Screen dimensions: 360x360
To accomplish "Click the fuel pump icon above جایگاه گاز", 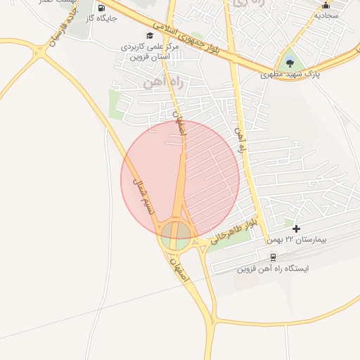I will point(101,8).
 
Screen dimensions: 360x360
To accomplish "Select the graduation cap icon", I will point(149,35).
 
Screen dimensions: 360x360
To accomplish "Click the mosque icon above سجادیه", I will point(326,5).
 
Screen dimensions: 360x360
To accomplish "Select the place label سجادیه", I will point(326,15).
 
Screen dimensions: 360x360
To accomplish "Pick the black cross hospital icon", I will point(297,229).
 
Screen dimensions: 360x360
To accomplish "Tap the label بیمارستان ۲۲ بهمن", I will point(297,240).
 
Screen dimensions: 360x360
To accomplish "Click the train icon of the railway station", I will point(273,257).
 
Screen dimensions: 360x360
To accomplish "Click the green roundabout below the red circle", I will point(176,234).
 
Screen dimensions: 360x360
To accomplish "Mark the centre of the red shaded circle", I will point(180,179).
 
